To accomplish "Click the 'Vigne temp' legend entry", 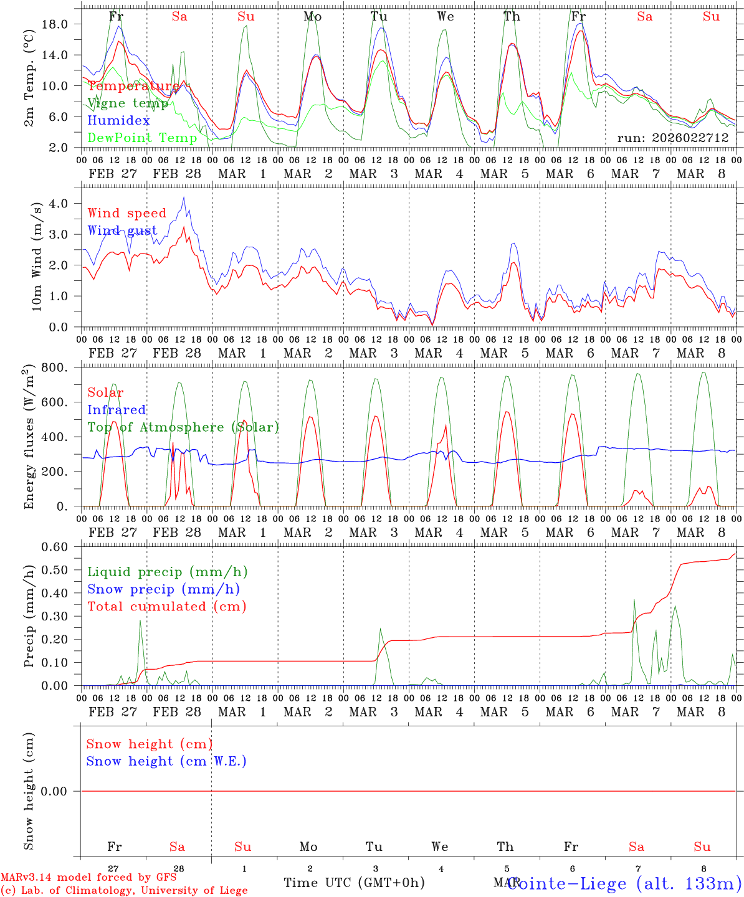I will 128,103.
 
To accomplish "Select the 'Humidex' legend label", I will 118,120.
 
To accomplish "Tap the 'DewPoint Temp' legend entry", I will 142,138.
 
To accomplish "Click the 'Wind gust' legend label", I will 122,230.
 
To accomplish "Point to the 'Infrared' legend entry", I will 117,410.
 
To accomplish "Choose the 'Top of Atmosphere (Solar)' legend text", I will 183,427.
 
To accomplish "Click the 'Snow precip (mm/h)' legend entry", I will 163,589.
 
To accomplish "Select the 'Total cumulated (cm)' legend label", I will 166,606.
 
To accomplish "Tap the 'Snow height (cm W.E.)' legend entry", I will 166,761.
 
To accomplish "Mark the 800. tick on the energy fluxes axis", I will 54,368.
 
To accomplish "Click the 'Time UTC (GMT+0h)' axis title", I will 354,883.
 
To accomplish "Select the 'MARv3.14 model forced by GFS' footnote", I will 88,878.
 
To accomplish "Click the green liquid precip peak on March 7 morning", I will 634,600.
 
